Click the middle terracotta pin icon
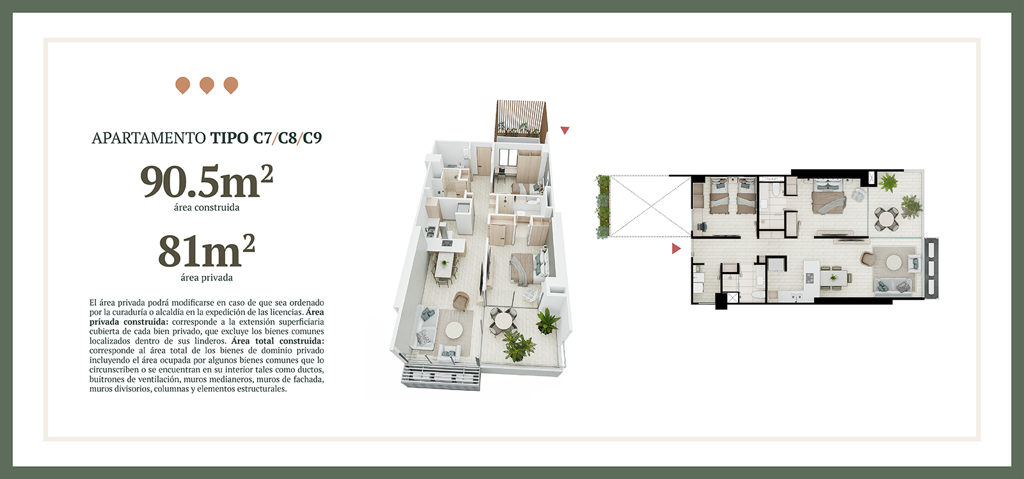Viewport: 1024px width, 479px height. point(207,85)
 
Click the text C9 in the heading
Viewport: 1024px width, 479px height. point(312,138)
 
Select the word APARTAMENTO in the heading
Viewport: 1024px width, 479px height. point(148,138)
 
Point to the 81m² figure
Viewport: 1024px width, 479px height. point(207,250)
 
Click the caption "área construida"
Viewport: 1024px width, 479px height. point(207,208)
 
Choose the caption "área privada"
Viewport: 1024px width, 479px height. point(207,278)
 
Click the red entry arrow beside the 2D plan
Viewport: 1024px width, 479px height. point(676,248)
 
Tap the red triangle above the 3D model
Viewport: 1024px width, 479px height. point(565,130)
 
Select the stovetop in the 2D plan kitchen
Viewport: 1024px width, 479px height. point(809,277)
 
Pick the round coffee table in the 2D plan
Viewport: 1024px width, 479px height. point(894,262)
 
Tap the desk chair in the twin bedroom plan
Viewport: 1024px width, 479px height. point(702,226)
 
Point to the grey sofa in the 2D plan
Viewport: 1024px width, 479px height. point(894,285)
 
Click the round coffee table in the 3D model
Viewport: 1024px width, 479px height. point(454,330)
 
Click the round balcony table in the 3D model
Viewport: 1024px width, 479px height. point(504,319)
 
